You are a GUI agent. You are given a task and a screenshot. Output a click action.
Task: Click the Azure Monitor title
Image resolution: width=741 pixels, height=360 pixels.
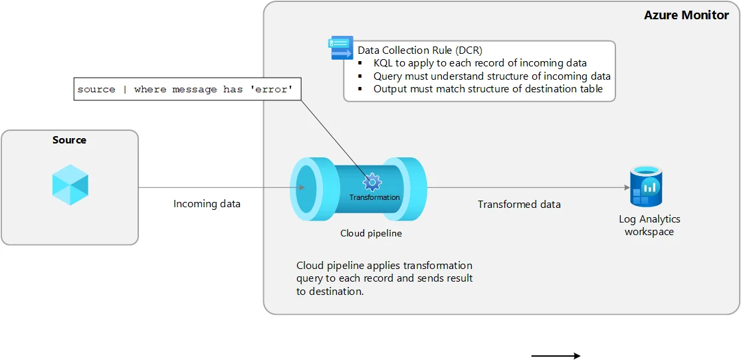(686, 15)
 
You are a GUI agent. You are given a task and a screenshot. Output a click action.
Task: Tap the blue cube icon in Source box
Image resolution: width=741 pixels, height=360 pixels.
(70, 184)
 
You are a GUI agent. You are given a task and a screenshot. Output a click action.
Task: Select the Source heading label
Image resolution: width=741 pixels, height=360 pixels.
(69, 140)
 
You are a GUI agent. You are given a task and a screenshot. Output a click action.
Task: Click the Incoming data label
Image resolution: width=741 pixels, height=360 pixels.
(207, 204)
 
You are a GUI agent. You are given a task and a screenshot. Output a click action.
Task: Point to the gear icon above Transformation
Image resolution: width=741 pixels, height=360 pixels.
(372, 181)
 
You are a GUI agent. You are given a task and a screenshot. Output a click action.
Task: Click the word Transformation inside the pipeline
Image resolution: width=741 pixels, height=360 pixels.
(374, 197)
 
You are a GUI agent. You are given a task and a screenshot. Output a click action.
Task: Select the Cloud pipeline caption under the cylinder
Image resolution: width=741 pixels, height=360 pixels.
(371, 233)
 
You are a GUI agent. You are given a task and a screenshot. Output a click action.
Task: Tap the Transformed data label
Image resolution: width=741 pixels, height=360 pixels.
(519, 204)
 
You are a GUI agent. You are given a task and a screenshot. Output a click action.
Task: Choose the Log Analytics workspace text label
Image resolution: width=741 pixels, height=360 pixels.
(649, 225)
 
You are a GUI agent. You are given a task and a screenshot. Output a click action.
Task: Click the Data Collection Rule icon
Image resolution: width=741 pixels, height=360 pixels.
(342, 48)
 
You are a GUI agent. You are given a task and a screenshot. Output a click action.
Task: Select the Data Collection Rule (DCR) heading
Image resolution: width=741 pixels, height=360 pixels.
(420, 50)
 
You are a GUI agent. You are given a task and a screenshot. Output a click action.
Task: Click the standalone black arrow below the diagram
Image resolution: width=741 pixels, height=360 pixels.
(556, 356)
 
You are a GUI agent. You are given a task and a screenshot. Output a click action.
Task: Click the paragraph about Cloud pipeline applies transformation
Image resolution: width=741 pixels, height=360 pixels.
(384, 278)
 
